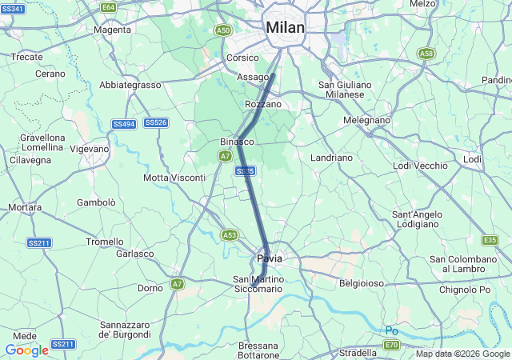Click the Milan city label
tap(285, 28)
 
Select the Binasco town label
tap(237, 142)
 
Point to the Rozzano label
tap(262, 105)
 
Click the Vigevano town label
tap(89, 149)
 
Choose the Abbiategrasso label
tap(130, 85)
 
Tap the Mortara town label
tap(25, 207)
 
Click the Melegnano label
tap(366, 120)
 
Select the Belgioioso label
tap(362, 283)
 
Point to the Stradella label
tap(358, 352)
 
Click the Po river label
tap(392, 330)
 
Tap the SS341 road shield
tap(13, 9)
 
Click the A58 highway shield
tap(426, 54)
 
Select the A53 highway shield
tap(230, 234)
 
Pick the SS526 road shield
tap(157, 122)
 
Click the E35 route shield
tap(490, 240)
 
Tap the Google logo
tap(26, 350)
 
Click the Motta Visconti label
tap(174, 178)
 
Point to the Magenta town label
tap(112, 30)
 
